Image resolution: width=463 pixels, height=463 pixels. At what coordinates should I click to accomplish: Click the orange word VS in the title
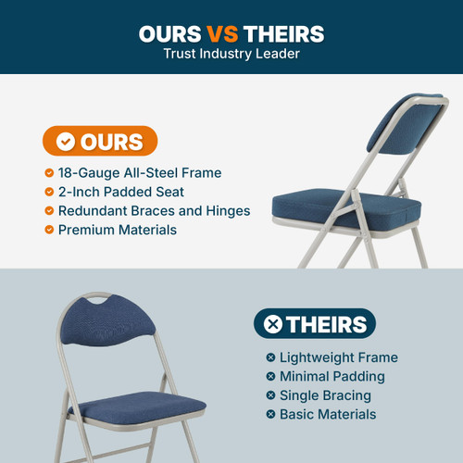(221, 34)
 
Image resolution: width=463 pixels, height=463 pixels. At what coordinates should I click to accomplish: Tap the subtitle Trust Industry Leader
(231, 55)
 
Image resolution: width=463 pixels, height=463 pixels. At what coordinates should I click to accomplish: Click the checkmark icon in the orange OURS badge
(66, 142)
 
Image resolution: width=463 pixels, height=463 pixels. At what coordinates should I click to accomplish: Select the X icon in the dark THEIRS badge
(273, 324)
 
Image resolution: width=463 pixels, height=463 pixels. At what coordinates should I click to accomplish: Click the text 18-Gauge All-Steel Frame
(140, 173)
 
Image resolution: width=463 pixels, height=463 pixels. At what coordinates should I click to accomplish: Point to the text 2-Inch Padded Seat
(120, 192)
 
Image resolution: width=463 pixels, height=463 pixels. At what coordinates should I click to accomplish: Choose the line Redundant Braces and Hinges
(154, 210)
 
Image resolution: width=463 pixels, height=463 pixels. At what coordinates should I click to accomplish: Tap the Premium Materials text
(117, 229)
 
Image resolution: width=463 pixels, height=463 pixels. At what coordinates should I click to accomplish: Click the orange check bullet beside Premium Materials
(49, 229)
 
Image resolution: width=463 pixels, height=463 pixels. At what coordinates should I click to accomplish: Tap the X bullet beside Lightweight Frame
(270, 357)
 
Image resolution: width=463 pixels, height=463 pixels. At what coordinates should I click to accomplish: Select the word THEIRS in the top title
(283, 34)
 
